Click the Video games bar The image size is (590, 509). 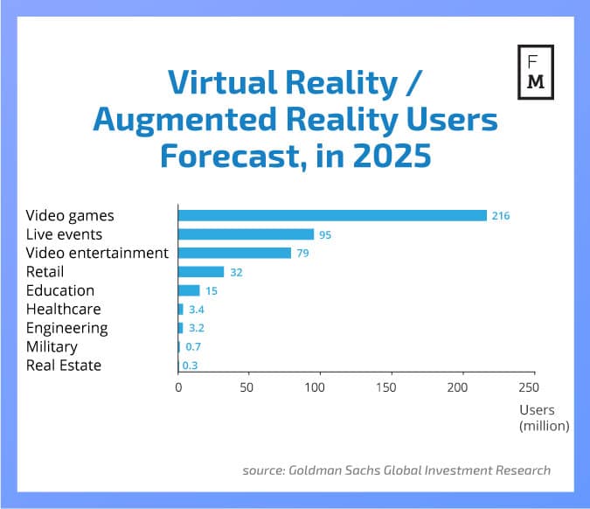[332, 215]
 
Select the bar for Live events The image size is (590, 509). [246, 234]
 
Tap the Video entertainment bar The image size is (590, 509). [234, 253]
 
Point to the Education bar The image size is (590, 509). [189, 290]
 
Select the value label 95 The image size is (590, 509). [328, 234]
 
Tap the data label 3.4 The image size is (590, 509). [196, 310]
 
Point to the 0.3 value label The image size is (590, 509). [190, 366]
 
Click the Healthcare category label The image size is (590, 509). [63, 310]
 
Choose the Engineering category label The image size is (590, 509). [67, 328]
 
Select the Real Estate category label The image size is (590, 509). [64, 366]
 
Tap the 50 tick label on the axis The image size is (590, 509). [248, 387]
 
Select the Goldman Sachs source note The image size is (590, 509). [396, 471]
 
